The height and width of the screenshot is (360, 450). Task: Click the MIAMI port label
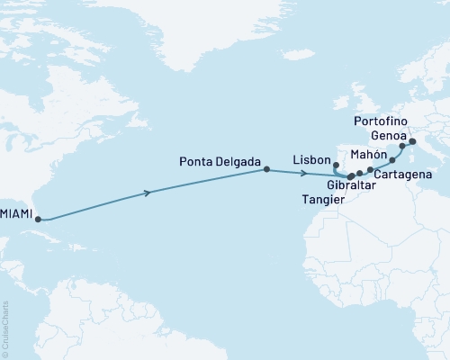(x=18, y=214)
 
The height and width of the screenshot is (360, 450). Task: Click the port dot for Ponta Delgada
(x=265, y=169)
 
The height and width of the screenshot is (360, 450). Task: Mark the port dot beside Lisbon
(x=336, y=165)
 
